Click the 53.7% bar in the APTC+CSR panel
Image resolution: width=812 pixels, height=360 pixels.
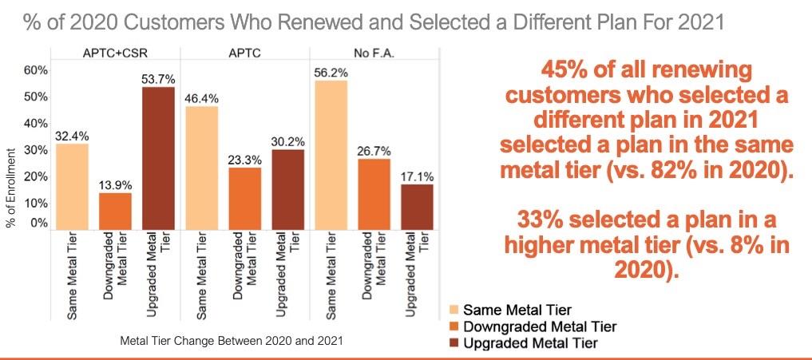click(x=158, y=159)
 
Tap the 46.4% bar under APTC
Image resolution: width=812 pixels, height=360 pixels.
click(x=201, y=168)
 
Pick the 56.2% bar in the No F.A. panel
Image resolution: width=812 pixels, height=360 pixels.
click(x=331, y=156)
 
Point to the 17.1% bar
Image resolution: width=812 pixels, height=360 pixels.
click(x=418, y=208)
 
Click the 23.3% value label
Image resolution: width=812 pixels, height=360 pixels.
click(x=245, y=158)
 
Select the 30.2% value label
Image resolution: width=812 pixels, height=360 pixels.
click(x=288, y=140)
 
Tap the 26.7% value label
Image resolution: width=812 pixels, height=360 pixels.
click(x=374, y=149)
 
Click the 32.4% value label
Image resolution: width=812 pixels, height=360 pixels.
click(x=72, y=135)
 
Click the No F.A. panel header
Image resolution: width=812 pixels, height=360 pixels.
click(x=374, y=53)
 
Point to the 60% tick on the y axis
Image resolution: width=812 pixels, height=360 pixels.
click(x=38, y=70)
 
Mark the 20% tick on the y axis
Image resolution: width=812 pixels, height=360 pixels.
click(x=38, y=176)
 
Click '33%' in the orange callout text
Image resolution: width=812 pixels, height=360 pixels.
click(x=545, y=219)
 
